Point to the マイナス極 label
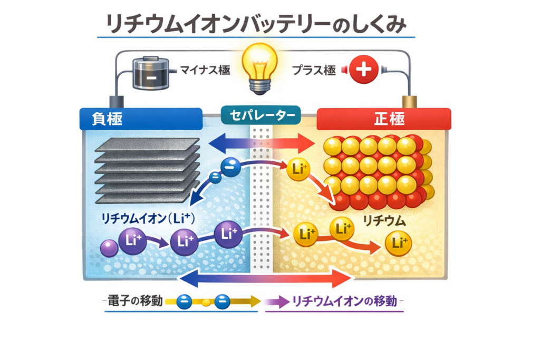point(205,70)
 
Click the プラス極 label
point(314,70)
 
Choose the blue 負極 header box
point(141,119)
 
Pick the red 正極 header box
point(383,119)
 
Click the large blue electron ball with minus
point(230,167)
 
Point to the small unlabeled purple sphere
point(109,247)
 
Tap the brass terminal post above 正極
point(408,102)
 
